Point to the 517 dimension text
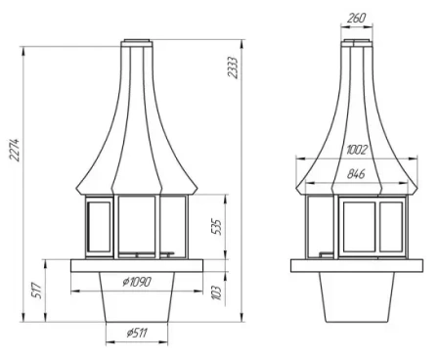pos(36,291)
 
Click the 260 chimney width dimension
pos(357,17)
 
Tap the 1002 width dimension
pos(357,150)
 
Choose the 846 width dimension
pos(357,175)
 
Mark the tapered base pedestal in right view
pos(357,298)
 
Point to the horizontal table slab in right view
pos(357,265)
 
